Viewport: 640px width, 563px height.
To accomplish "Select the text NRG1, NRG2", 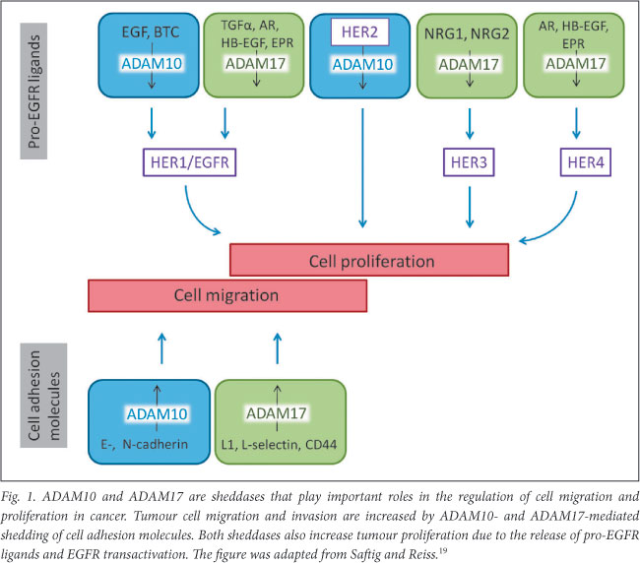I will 467,32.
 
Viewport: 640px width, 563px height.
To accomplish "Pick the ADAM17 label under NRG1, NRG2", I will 467,64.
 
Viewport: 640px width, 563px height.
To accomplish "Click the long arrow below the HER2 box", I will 363,167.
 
